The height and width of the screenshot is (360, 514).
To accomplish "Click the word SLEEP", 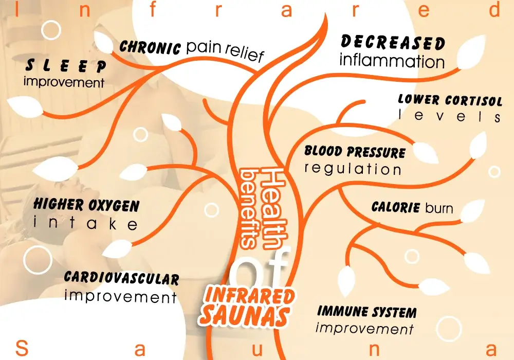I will (66, 66).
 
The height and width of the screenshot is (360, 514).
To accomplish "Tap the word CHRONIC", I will (150, 48).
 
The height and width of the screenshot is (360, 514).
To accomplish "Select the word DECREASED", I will (393, 43).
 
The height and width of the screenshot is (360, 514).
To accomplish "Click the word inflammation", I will (392, 62).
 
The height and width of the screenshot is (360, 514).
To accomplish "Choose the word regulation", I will (353, 169).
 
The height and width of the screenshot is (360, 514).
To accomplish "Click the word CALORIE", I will (396, 208).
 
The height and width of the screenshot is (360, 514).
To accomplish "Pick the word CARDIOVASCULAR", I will (121, 278).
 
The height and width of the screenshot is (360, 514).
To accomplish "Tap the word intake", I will (85, 224).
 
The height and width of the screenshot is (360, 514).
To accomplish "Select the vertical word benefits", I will (248, 208).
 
